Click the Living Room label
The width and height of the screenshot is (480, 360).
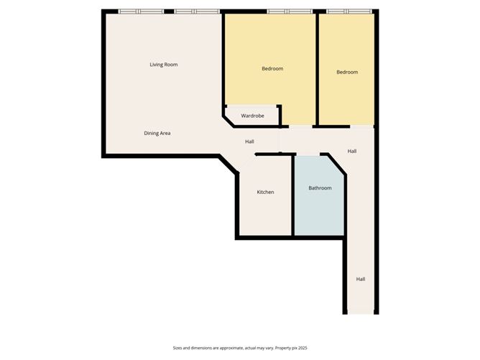163,65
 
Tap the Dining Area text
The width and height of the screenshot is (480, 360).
157,133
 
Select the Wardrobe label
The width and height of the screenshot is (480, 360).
252,116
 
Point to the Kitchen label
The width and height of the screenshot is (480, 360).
265,192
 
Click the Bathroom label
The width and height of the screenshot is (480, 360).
320,188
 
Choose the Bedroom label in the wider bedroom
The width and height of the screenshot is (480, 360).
272,69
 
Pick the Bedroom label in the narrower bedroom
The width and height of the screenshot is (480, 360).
347,72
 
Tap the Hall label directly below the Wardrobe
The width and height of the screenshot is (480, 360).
249,142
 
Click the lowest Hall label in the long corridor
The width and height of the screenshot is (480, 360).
361,279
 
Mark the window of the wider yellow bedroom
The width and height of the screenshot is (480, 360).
287,11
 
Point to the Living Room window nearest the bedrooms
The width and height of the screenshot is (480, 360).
196,11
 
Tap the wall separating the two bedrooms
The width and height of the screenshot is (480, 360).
316,68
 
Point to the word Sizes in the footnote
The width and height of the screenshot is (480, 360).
178,347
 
